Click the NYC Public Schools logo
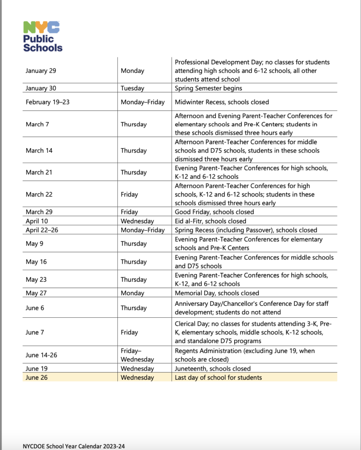pyautogui.click(x=43, y=36)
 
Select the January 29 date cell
pyautogui.click(x=41, y=70)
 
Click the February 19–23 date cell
pyautogui.click(x=47, y=102)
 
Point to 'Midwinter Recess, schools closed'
pyautogui.click(x=222, y=102)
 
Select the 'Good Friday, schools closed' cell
pyautogui.click(x=214, y=212)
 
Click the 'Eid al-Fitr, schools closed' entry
pyautogui.click(x=210, y=221)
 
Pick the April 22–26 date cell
pyautogui.click(x=43, y=230)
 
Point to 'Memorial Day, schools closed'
pyautogui.click(x=217, y=293)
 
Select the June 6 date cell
pyautogui.click(x=35, y=308)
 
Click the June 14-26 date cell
pyautogui.click(x=41, y=356)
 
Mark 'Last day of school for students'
pyautogui.click(x=218, y=377)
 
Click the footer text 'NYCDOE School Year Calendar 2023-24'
pyautogui.click(x=74, y=446)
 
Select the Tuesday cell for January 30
pyautogui.click(x=132, y=88)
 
